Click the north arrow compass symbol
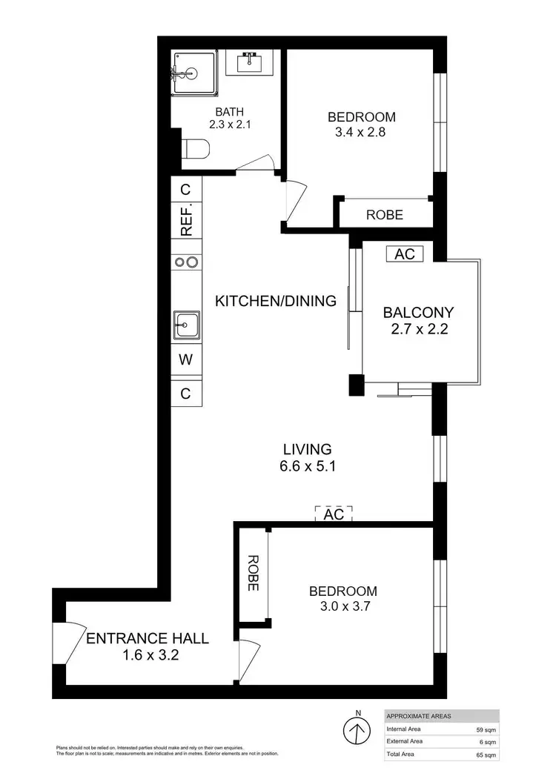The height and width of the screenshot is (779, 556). pyautogui.click(x=357, y=731)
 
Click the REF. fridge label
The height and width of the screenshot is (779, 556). pyautogui.click(x=186, y=219)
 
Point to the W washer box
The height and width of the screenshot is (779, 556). pyautogui.click(x=185, y=362)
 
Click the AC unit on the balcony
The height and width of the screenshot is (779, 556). pyautogui.click(x=404, y=254)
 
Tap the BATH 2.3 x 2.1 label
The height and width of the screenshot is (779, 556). pyautogui.click(x=229, y=118)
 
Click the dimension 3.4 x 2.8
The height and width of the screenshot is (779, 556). pyautogui.click(x=361, y=133)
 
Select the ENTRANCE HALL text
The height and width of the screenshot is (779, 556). pyautogui.click(x=148, y=638)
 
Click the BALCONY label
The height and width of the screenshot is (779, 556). pyautogui.click(x=417, y=312)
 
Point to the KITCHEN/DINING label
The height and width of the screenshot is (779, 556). pyautogui.click(x=275, y=301)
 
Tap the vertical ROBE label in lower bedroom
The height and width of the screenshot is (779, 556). pyautogui.click(x=252, y=573)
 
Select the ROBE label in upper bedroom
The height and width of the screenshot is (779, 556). pyautogui.click(x=385, y=215)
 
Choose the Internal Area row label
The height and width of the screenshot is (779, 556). pyautogui.click(x=406, y=729)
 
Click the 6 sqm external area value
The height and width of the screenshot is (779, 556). pyautogui.click(x=487, y=741)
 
